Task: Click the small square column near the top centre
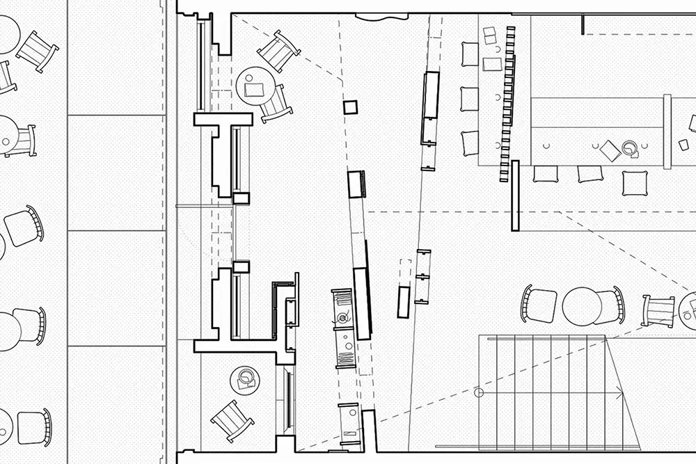[x=350, y=107]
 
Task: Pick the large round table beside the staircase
[x=581, y=305]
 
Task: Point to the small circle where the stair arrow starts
[x=478, y=393]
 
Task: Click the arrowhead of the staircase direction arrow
[x=619, y=394]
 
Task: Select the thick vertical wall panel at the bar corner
[x=515, y=195]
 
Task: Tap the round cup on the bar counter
[x=630, y=147]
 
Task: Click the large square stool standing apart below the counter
[x=634, y=183]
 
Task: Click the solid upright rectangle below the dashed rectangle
[x=402, y=301]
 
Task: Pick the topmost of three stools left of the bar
[x=470, y=54]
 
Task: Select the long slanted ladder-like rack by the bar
[x=507, y=104]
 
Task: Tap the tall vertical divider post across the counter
[x=667, y=131]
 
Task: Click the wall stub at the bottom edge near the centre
[x=369, y=431]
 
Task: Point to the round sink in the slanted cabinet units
[x=342, y=319]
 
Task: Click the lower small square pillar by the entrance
[x=241, y=266]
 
